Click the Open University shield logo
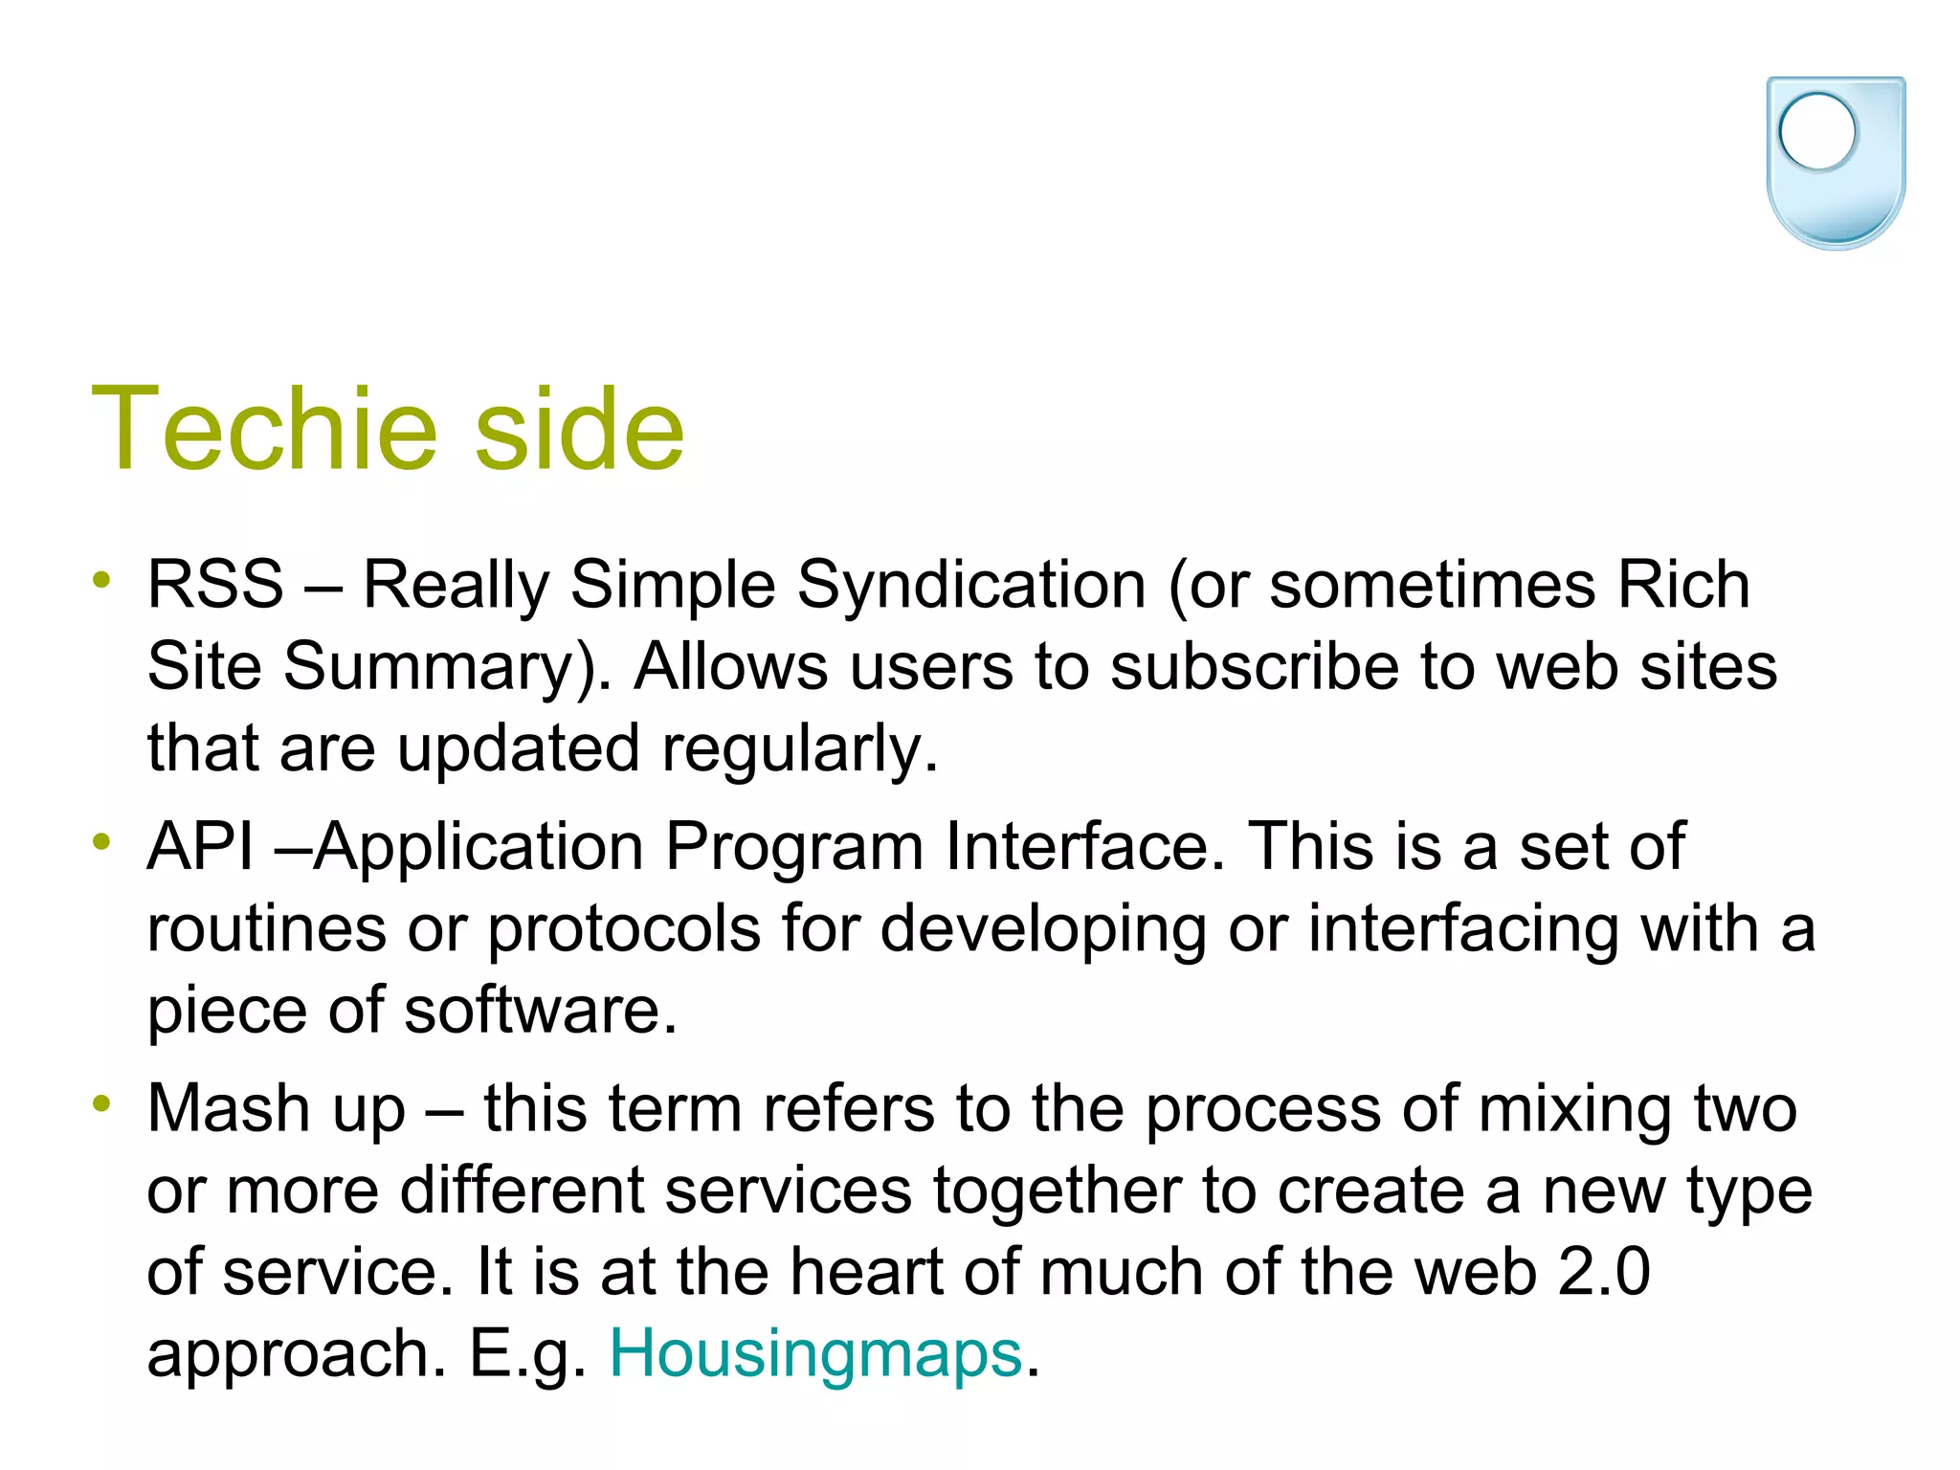pyautogui.click(x=1835, y=163)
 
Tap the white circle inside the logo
pyautogui.click(x=1816, y=132)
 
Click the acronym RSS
pyautogui.click(x=215, y=584)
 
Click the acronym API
pyautogui.click(x=201, y=846)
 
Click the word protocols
pyautogui.click(x=623, y=928)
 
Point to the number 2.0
pyautogui.click(x=1603, y=1272)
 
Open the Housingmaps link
pyautogui.click(x=815, y=1354)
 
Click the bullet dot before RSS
pyautogui.click(x=102, y=580)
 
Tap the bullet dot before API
pyautogui.click(x=102, y=842)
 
